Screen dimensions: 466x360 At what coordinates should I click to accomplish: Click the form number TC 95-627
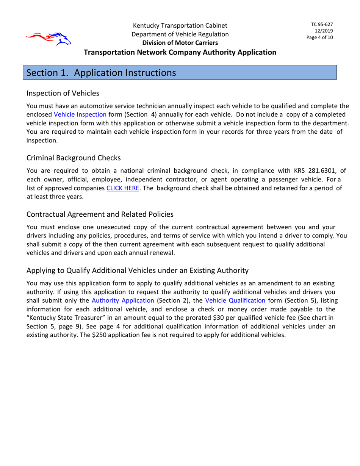pos(322,24)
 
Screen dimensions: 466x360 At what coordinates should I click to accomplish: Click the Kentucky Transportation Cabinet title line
pos(180,26)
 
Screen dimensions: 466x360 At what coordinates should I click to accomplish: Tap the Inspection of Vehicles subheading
pos(63,93)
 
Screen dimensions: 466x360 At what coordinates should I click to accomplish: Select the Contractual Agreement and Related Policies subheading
pos(100,214)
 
